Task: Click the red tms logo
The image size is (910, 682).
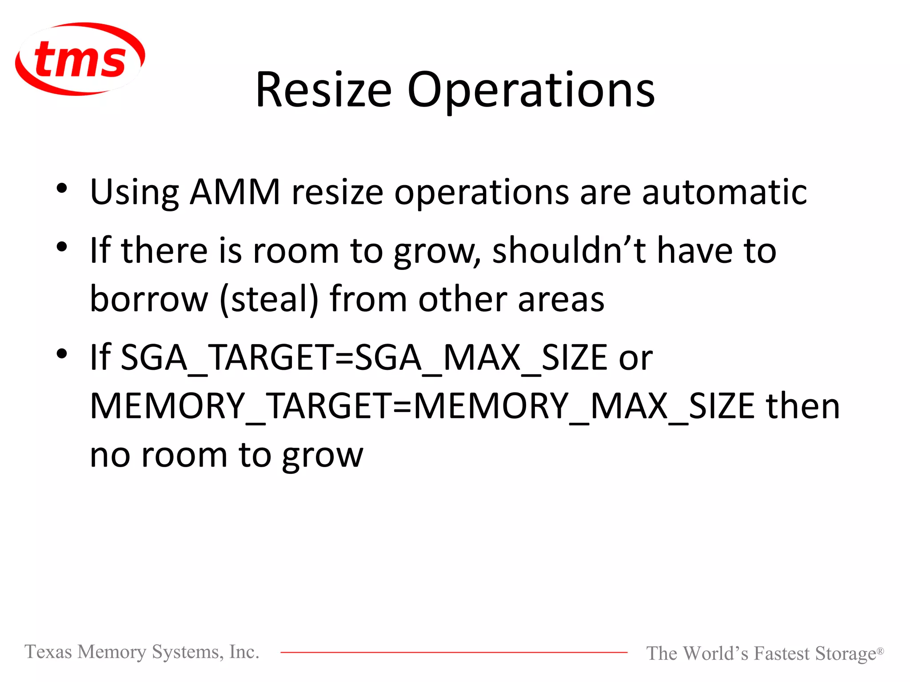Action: pyautogui.click(x=80, y=59)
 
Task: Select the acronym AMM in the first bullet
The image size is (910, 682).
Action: pyautogui.click(x=235, y=192)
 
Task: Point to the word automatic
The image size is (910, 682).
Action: pyautogui.click(x=724, y=192)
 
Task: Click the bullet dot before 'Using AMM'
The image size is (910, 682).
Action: pyautogui.click(x=62, y=189)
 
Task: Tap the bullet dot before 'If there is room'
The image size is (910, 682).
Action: pyautogui.click(x=62, y=247)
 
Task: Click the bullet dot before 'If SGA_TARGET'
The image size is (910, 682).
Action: pyautogui.click(x=62, y=354)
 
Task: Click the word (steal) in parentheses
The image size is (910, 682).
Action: pyautogui.click(x=269, y=299)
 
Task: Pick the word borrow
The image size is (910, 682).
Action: pyautogui.click(x=149, y=299)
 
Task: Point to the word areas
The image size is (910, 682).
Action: pyautogui.click(x=561, y=299)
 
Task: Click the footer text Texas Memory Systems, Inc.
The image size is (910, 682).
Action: pyautogui.click(x=142, y=652)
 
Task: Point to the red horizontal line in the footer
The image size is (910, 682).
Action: pyautogui.click(x=453, y=652)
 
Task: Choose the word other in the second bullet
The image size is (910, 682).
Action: pyautogui.click(x=462, y=299)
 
